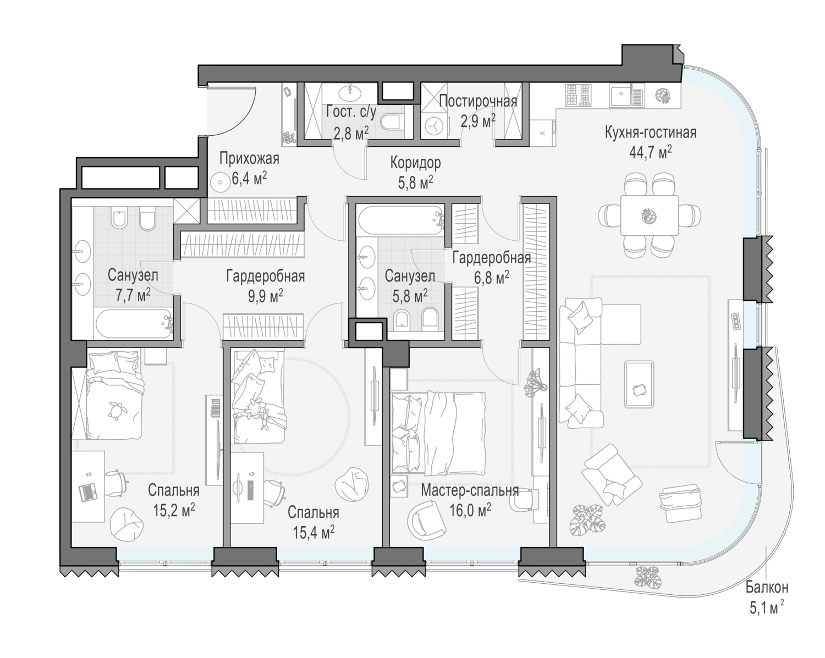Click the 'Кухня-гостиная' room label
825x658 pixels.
[x=650, y=132]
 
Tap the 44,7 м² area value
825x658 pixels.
[x=650, y=152]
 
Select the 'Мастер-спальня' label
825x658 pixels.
[x=470, y=490]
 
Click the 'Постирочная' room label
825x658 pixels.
[x=478, y=102]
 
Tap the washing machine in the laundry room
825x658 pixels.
[x=435, y=125]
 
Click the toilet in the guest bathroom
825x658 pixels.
[x=393, y=122]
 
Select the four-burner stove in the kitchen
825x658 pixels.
[x=577, y=95]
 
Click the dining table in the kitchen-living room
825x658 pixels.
[x=650, y=215]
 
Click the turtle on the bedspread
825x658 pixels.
[x=114, y=411]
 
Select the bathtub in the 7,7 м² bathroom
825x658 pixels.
[x=134, y=324]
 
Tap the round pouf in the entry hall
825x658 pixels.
[x=220, y=181]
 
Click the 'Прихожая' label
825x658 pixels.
[x=249, y=158]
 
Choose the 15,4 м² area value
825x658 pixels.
[x=313, y=532]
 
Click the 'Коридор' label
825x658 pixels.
[x=416, y=163]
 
